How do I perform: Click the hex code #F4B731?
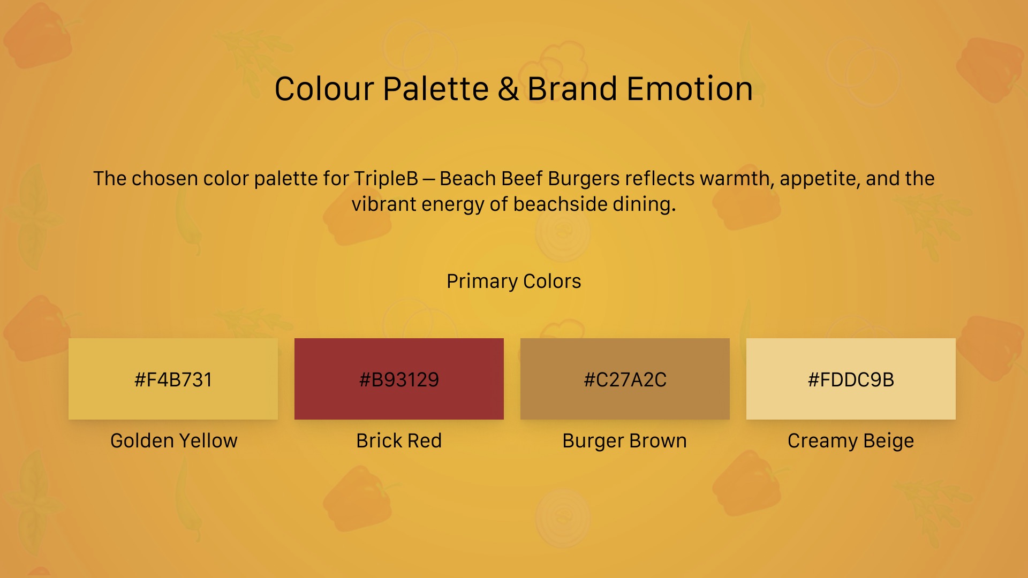pyautogui.click(x=173, y=379)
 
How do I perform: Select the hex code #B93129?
pyautogui.click(x=399, y=379)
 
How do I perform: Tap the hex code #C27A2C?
pyautogui.click(x=625, y=379)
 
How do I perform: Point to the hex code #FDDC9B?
pyautogui.click(x=851, y=379)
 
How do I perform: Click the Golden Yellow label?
pyautogui.click(x=173, y=440)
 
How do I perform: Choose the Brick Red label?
pyautogui.click(x=399, y=440)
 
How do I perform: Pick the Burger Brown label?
pyautogui.click(x=624, y=441)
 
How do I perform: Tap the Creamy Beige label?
pyautogui.click(x=851, y=441)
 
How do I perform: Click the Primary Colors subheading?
pyautogui.click(x=514, y=282)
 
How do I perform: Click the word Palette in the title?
pyautogui.click(x=435, y=88)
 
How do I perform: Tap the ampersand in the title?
pyautogui.click(x=508, y=88)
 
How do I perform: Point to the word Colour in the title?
pyautogui.click(x=324, y=88)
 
